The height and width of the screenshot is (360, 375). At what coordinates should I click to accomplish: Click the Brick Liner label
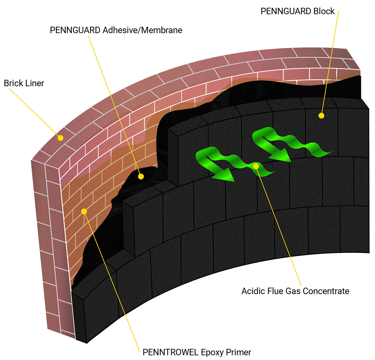[x=24, y=83]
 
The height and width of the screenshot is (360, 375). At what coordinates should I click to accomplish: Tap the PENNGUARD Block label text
[x=297, y=11]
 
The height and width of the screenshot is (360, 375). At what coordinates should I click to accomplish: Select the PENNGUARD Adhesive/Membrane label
[x=116, y=30]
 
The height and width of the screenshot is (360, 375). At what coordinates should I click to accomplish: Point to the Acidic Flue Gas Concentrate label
[x=295, y=291]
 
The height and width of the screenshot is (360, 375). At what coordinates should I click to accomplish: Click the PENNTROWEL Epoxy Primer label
[x=197, y=352]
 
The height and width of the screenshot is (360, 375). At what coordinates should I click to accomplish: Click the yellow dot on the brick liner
[x=60, y=138]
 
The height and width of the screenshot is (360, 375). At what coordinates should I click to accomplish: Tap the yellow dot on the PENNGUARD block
[x=321, y=116]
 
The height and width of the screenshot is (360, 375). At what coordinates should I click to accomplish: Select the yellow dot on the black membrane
[x=141, y=176]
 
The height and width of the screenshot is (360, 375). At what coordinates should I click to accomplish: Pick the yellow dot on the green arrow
[x=256, y=166]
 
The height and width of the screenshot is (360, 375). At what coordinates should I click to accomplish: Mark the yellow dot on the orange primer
[x=84, y=211]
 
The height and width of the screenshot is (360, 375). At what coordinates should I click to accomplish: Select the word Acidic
[x=252, y=291]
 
